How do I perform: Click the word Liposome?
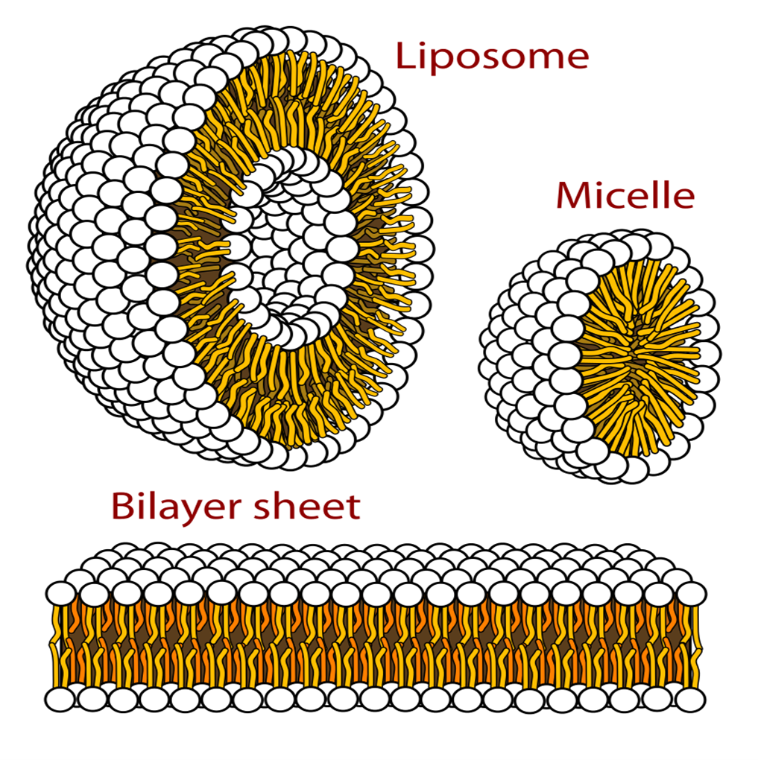pyautogui.click(x=492, y=57)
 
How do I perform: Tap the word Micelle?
pyautogui.click(x=625, y=196)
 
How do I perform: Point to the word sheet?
pyautogui.click(x=308, y=507)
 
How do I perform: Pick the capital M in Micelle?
pyautogui.click(x=572, y=196)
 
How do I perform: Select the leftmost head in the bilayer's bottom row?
pyautogui.click(x=60, y=700)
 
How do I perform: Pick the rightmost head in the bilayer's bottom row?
pyautogui.click(x=691, y=700)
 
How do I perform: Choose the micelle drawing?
pyautogui.click(x=600, y=356)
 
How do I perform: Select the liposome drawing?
pyautogui.click(x=231, y=247)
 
